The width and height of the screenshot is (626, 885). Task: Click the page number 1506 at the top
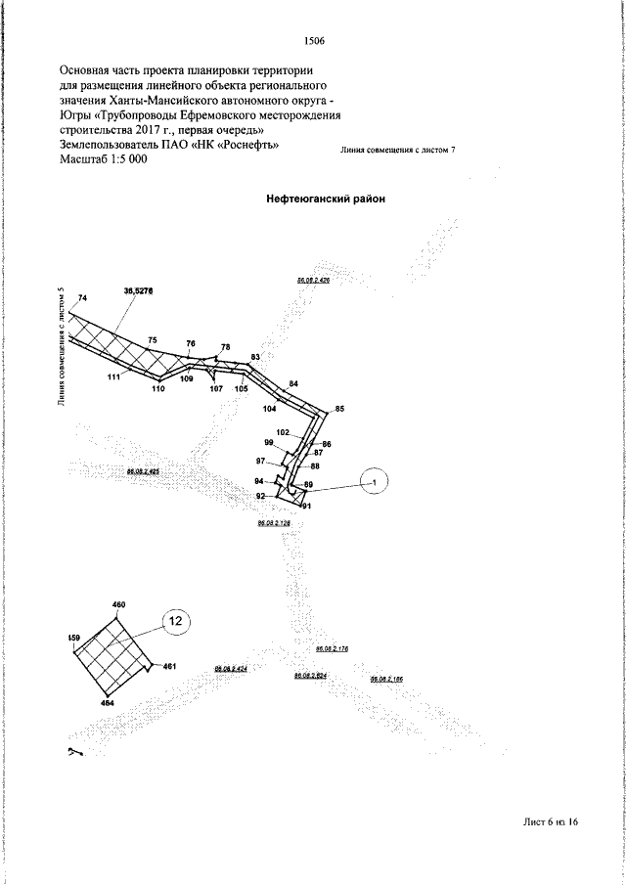314,42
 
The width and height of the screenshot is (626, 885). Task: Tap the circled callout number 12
175,620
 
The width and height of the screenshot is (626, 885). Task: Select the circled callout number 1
375,480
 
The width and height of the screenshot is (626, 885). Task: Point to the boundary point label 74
82,297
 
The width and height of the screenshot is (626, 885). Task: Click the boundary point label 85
339,408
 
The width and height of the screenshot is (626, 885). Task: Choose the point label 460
119,606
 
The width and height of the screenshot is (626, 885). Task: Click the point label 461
168,667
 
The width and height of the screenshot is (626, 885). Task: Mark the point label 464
108,703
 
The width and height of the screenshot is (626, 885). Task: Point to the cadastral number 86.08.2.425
143,471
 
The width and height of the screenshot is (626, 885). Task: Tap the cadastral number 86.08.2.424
230,669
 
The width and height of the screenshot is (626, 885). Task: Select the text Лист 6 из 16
551,850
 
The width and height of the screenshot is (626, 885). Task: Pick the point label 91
306,506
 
